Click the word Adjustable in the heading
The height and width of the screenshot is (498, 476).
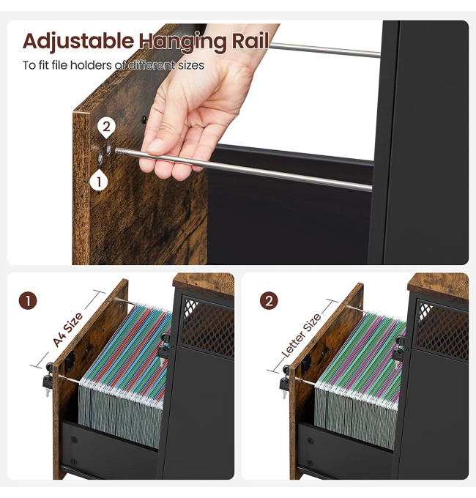[x=78, y=42]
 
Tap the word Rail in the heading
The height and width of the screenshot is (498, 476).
[x=250, y=41]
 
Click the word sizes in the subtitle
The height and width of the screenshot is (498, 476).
[x=191, y=65]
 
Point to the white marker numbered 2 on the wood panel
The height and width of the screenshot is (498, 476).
[x=106, y=127]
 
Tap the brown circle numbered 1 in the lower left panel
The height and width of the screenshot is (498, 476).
[x=28, y=301]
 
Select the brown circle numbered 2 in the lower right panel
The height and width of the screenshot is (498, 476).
[x=269, y=301]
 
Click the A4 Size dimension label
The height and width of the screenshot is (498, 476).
[x=67, y=330]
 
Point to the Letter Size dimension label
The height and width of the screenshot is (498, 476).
[x=302, y=335]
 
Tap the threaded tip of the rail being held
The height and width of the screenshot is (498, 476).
[x=119, y=151]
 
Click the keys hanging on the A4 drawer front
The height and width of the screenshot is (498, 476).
[x=48, y=379]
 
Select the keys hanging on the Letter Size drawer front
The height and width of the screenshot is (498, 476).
[x=284, y=381]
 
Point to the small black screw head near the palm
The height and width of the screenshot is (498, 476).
[x=144, y=119]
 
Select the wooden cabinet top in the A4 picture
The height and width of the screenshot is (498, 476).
[x=204, y=285]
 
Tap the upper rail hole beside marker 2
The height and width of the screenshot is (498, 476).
[x=108, y=149]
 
